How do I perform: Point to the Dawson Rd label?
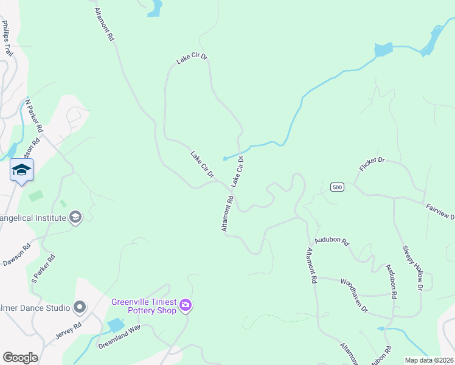[16, 254]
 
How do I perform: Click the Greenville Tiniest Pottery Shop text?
[144, 306]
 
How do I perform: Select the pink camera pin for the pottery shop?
[186, 305]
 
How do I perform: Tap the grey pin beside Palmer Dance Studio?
[80, 307]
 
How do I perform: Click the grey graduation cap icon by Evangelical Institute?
[75, 217]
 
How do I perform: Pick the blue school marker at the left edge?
[21, 170]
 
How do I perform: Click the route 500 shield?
[338, 187]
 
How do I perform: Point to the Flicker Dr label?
[372, 164]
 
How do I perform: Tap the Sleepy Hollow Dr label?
[412, 266]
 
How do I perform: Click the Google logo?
[20, 357]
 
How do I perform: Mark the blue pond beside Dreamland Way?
[116, 325]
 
